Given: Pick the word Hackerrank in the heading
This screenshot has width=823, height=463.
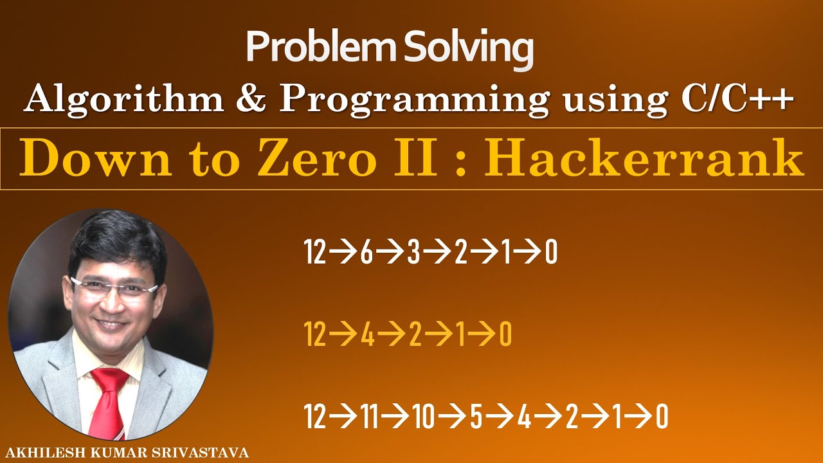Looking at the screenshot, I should coord(645,159).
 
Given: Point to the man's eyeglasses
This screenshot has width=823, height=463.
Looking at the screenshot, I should coord(114,287).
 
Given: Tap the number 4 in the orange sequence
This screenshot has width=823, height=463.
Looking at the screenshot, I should coord(367,335).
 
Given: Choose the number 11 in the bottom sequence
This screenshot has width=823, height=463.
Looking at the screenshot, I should coord(368,417).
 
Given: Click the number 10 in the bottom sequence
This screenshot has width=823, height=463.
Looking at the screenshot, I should coord(424,417).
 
